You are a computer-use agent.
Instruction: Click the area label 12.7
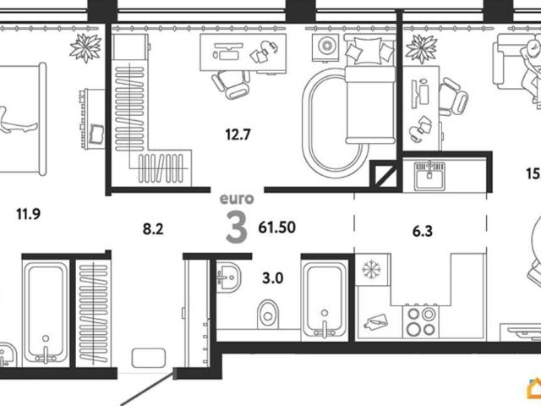238,134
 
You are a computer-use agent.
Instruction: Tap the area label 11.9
28,214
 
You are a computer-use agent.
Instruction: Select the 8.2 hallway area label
153,228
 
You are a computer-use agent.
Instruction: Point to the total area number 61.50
276,228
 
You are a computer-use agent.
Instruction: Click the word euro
237,199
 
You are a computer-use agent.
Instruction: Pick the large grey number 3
237,227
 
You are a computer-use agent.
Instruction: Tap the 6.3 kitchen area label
423,231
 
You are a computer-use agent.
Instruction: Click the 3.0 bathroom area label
272,278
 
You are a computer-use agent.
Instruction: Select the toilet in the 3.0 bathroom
268,314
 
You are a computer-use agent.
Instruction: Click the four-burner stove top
421,321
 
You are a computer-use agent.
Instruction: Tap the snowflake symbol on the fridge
371,269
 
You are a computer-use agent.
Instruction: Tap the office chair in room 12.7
231,84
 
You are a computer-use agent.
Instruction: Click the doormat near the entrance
149,358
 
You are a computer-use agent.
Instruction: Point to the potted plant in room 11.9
85,47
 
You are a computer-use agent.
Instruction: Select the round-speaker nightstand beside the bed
325,47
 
